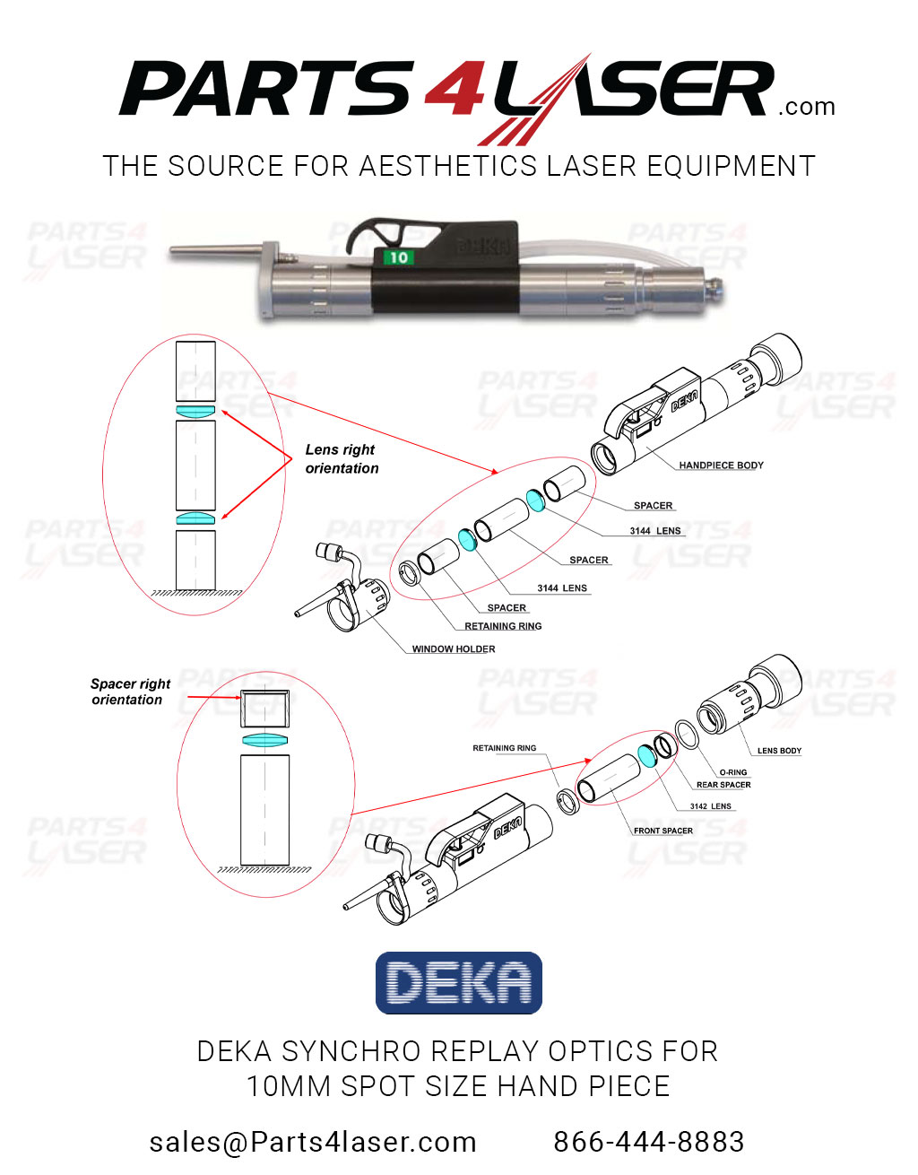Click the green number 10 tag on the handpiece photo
point(397,257)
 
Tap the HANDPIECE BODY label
point(721,466)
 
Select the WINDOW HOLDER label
point(453,649)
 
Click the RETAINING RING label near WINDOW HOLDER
point(503,627)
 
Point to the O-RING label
point(732,772)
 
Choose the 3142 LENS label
point(710,806)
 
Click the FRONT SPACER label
point(663,831)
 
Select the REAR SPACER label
point(723,785)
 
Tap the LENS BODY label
point(779,751)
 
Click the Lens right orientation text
point(342,458)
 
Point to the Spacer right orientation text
point(129,692)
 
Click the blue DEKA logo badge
point(458,983)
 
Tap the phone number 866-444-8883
point(648,1142)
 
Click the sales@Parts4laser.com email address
point(313,1142)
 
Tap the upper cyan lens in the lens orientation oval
point(195,411)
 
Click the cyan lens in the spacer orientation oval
point(265,740)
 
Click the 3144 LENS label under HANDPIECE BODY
point(654,531)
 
